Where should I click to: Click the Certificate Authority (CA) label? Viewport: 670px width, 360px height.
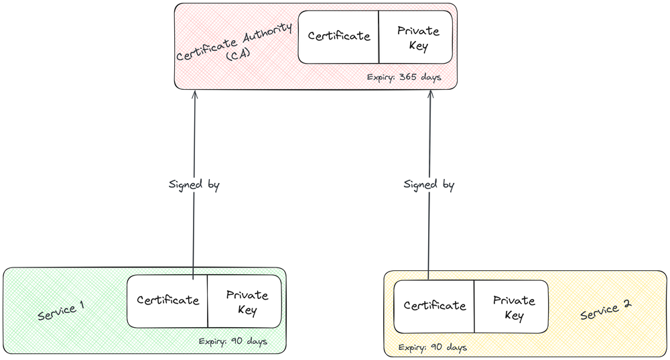234,43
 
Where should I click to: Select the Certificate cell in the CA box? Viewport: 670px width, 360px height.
339,36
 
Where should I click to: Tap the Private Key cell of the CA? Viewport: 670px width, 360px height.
417,38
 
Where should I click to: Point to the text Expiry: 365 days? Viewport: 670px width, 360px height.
404,77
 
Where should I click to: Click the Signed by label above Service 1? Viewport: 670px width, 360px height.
194,184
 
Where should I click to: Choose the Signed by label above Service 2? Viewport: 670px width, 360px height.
429,184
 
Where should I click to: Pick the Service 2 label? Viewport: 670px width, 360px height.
606,309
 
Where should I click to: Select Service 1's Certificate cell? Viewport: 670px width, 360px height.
167,300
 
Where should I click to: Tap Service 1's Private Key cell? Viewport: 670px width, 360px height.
246,302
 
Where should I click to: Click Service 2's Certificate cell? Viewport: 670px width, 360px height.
434,306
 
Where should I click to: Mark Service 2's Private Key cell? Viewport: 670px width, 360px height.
513,308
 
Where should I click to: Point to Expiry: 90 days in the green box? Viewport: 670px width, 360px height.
233,341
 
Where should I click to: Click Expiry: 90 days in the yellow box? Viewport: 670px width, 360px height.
432,347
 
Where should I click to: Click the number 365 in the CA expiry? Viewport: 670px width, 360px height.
408,77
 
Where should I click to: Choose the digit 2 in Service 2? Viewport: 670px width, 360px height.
626,304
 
